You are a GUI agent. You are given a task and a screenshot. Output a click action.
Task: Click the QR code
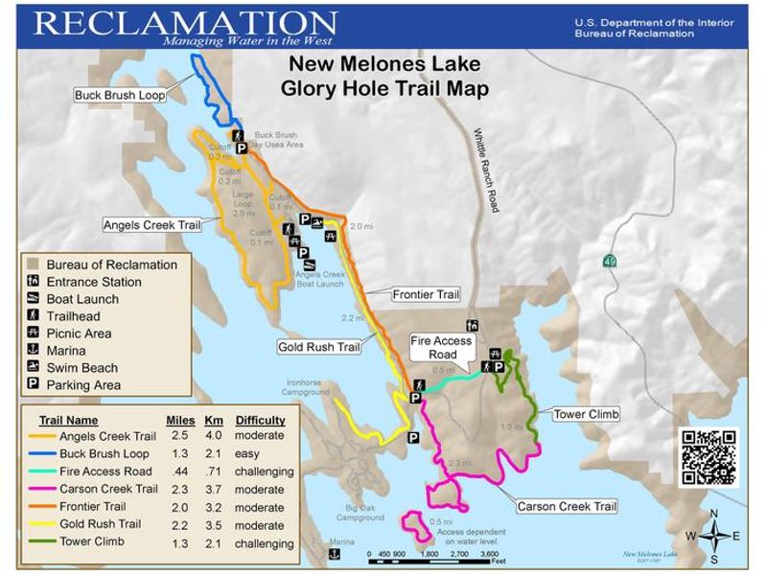point(709,456)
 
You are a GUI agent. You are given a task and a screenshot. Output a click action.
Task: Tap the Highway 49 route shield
point(610,261)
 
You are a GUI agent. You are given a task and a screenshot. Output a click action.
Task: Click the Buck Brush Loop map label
point(120,95)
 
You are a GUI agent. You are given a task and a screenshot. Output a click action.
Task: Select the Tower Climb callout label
point(586,415)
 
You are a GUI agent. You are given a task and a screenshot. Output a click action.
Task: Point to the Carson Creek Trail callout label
point(567,506)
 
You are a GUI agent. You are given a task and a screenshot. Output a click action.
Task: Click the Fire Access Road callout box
point(441,347)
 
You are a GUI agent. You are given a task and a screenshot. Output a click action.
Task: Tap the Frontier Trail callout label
point(426,294)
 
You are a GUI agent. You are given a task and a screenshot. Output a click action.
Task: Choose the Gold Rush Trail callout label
point(318,347)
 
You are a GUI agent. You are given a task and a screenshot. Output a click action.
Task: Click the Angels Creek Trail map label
point(152,225)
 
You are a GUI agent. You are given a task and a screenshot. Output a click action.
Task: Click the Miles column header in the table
point(180,420)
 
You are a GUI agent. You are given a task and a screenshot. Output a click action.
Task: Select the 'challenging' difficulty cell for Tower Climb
point(264,543)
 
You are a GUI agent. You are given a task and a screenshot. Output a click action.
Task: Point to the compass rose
point(713,536)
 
